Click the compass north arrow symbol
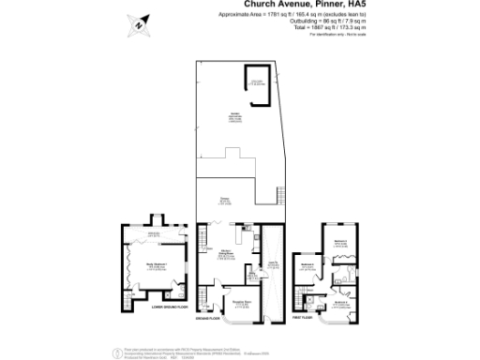(x=139, y=25)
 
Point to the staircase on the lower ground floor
(x=128, y=302)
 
